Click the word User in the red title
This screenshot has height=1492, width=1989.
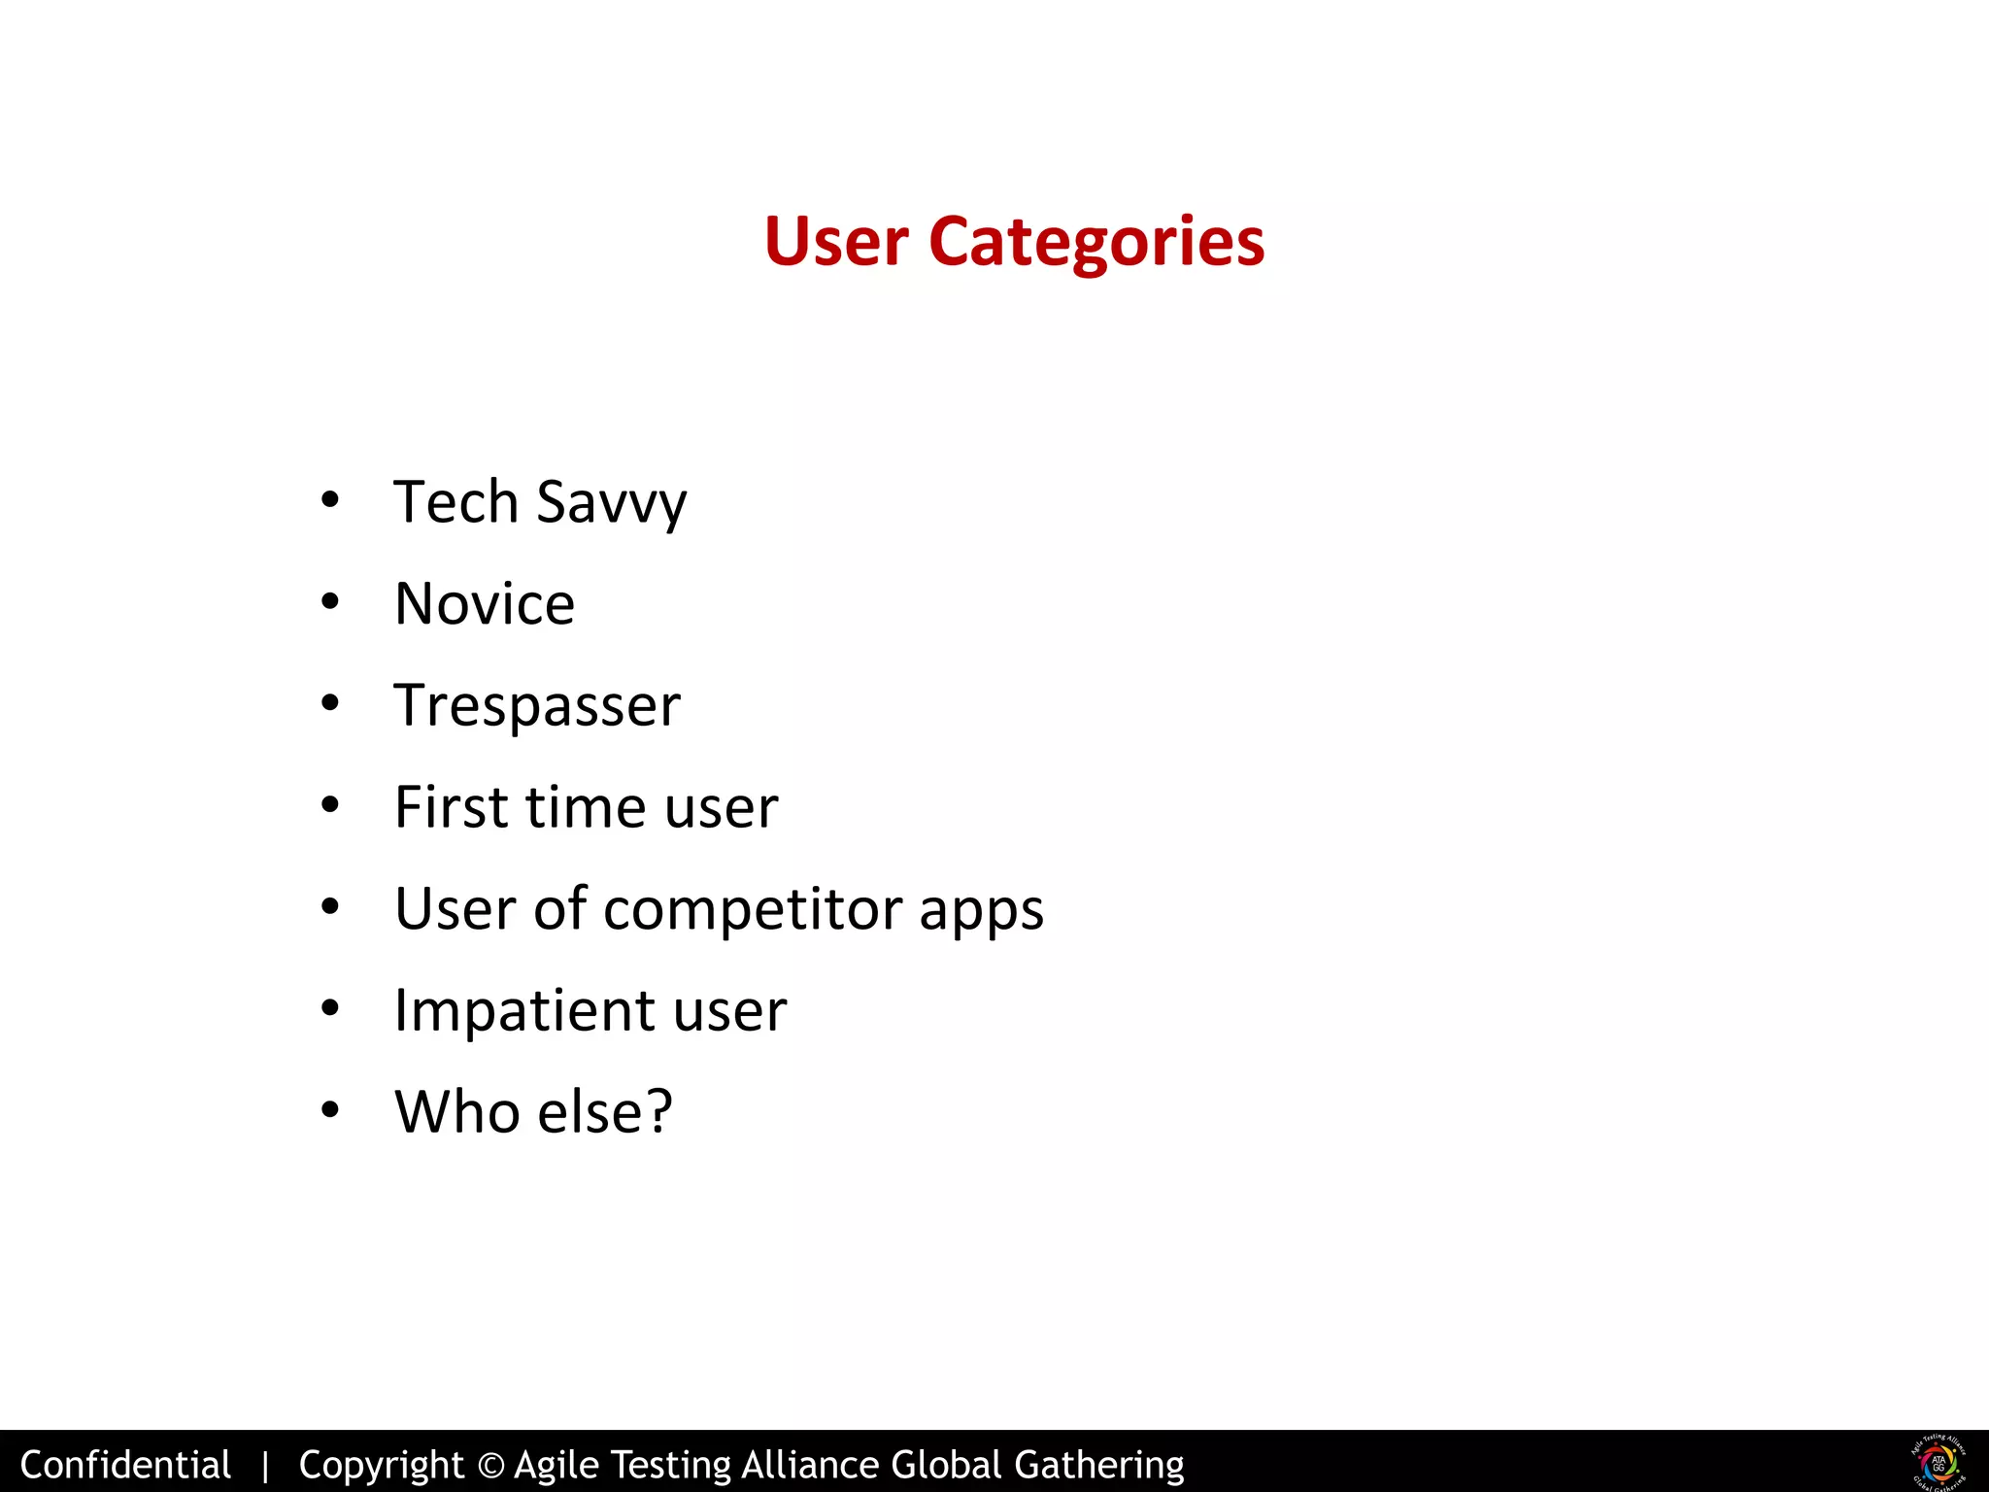835,241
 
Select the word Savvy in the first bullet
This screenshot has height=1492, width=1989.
611,502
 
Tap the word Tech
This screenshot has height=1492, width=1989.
455,502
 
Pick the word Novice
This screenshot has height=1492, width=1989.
485,603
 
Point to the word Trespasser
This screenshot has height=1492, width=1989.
537,705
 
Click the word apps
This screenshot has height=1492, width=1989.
981,911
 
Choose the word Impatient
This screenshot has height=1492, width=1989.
523,1010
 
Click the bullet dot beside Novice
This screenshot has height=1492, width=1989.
330,603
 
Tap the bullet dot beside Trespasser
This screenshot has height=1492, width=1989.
330,704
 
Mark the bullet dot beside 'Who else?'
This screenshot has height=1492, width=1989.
330,1110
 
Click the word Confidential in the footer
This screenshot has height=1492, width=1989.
125,1464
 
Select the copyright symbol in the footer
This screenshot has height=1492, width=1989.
491,1465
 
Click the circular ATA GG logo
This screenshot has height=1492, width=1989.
1938,1462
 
